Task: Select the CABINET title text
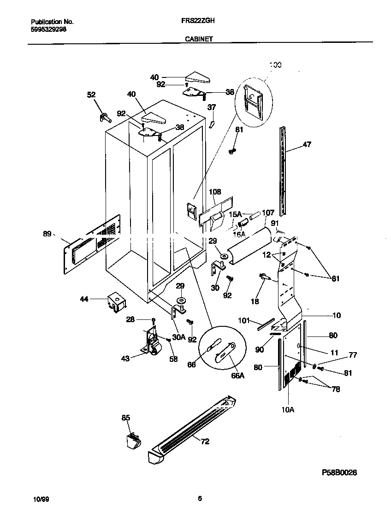point(199,40)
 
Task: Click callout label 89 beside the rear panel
point(47,234)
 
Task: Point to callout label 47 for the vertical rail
point(307,144)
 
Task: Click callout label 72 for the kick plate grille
point(205,441)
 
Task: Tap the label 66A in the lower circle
point(237,375)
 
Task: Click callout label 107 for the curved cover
point(268,212)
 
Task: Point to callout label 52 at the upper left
point(91,94)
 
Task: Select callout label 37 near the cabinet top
point(211,107)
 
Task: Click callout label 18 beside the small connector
point(255,301)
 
